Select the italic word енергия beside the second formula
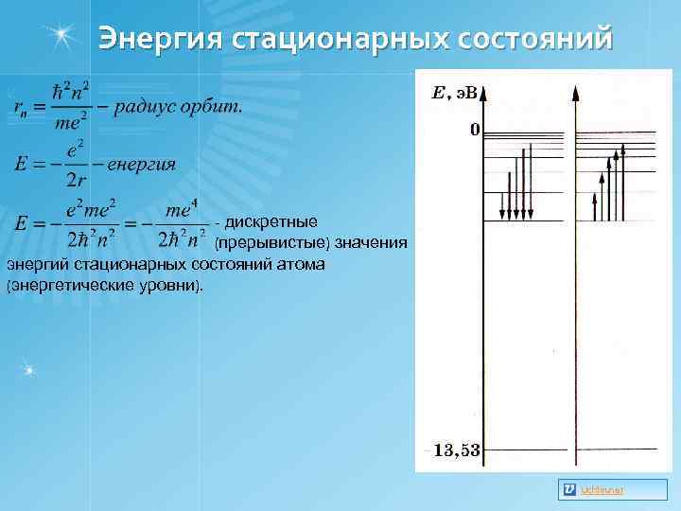(142, 165)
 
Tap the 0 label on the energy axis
(475, 129)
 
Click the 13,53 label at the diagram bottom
(457, 450)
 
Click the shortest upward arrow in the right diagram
(594, 207)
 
